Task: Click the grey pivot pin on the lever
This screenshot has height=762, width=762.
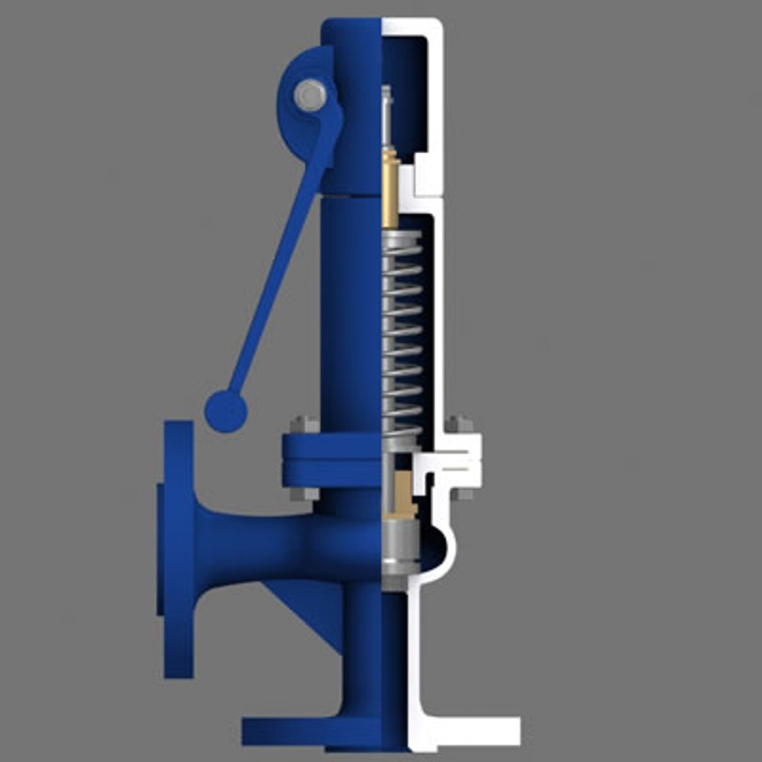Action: (x=310, y=95)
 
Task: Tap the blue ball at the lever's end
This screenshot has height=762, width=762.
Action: (x=226, y=411)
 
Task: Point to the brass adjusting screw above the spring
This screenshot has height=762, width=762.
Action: (x=390, y=190)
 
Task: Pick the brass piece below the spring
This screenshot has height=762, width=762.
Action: (x=404, y=494)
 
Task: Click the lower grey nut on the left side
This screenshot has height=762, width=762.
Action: (x=304, y=493)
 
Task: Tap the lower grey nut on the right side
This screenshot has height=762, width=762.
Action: (x=461, y=492)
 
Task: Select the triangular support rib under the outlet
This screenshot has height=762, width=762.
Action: (x=310, y=607)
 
